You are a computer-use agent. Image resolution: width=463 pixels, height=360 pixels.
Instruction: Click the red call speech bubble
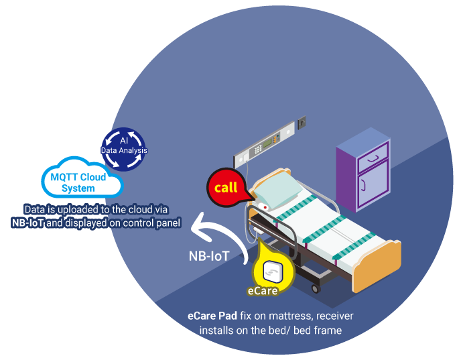226,187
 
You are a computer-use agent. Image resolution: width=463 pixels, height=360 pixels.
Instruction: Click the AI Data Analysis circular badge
124,146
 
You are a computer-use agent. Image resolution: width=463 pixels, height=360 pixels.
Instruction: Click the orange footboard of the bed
378,266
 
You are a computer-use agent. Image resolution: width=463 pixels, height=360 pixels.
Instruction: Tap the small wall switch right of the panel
302,122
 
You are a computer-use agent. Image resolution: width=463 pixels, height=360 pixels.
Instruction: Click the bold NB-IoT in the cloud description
27,223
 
